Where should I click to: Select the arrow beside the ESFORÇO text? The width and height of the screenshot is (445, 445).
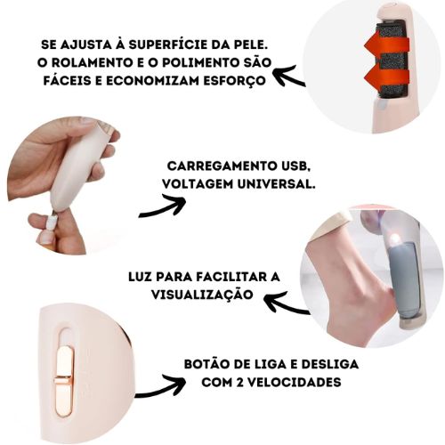coord(287,78)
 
